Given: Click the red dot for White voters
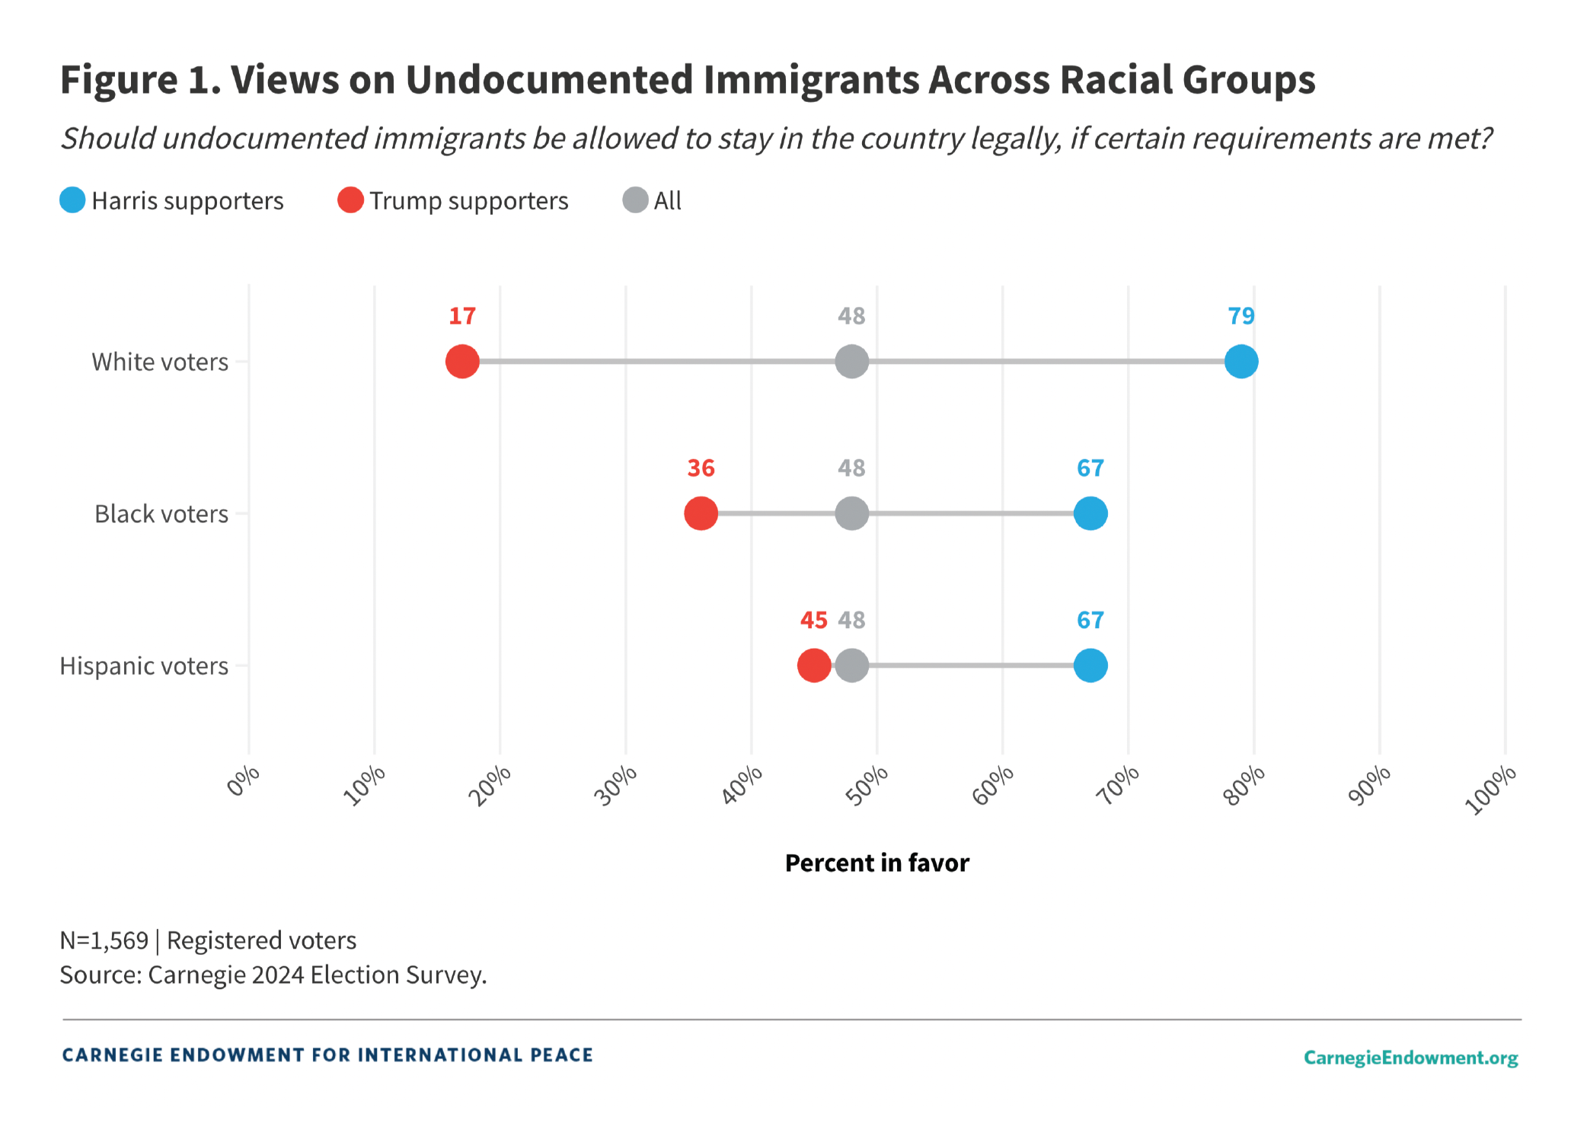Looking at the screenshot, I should pos(462,361).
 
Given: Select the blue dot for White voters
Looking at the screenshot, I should pos(1241,361).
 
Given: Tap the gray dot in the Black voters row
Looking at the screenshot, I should pos(851,513).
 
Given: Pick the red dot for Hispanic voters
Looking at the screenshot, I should pos(813,665).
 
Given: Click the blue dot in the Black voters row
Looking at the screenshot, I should pos(1090,513).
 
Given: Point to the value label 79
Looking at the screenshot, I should pos(1241,316).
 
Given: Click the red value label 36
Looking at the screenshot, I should pos(701,468).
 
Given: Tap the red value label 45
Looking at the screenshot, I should pos(813,621).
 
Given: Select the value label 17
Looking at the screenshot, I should pos(462,316).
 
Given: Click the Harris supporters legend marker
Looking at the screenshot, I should pos(72,200).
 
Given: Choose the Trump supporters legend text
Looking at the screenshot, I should pos(468,201).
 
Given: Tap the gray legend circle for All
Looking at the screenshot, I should pos(635,200).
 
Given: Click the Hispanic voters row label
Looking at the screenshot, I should pos(144,666).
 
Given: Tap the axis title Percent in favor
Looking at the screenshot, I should pos(877,863).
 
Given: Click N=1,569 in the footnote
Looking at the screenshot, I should pos(104,941).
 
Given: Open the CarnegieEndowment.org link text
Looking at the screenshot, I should pos(1410,1058).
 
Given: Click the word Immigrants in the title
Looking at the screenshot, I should pos(810,80).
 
